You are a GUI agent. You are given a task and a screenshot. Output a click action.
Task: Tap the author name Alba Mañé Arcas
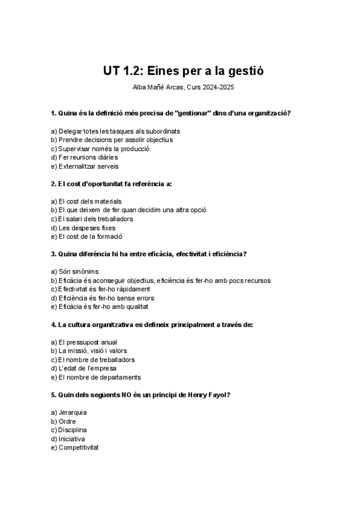158,88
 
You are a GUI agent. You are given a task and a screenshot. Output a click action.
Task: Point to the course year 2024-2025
217,88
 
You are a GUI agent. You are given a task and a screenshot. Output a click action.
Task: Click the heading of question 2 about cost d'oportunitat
111,184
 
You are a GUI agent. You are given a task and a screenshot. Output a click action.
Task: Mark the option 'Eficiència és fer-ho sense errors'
106,298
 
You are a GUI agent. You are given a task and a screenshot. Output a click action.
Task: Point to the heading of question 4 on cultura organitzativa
152,325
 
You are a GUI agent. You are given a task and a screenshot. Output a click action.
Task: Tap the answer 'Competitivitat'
78,448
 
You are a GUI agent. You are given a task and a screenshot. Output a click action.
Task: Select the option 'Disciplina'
73,430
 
